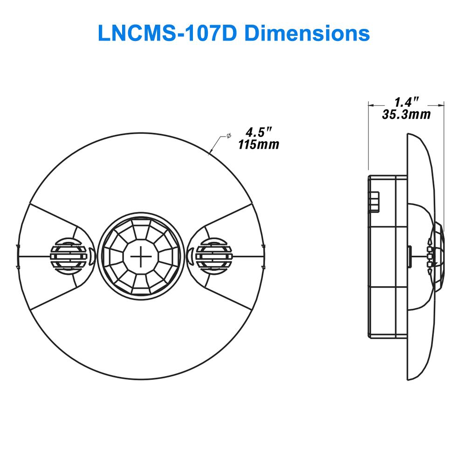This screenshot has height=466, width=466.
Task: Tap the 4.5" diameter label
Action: point(258,132)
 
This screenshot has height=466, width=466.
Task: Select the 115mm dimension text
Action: point(259,145)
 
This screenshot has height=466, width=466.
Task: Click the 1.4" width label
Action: point(406,102)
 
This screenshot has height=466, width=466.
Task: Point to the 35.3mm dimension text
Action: point(406,114)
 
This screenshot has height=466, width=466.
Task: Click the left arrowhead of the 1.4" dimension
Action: point(371,105)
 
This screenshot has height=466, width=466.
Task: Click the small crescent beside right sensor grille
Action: point(190,255)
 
